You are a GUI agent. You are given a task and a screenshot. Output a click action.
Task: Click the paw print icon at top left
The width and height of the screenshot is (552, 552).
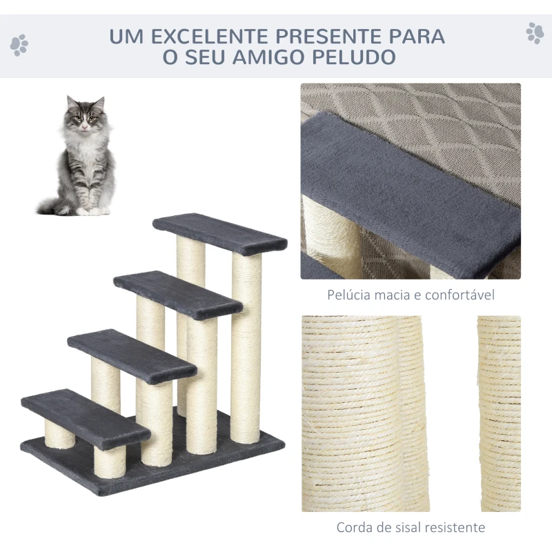coord(19,46)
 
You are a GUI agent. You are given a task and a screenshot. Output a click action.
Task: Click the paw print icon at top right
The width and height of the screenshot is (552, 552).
coord(534,32)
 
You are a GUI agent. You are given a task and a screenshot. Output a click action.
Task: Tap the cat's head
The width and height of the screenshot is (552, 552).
coord(86,116)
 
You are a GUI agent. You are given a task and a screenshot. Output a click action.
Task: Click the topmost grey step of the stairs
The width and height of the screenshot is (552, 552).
coord(219,233)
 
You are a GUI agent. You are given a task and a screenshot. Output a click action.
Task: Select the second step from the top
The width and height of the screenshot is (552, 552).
coord(177,294)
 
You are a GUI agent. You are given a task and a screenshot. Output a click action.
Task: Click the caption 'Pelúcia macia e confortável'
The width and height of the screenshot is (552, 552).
coord(411,295)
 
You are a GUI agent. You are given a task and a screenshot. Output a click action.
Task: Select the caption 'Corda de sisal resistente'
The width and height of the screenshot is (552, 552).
coord(411,528)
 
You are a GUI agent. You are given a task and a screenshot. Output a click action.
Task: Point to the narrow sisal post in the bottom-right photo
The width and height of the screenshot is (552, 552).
coord(500,414)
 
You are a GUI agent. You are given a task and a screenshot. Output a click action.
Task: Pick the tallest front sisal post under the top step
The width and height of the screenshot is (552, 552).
coord(246,348)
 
